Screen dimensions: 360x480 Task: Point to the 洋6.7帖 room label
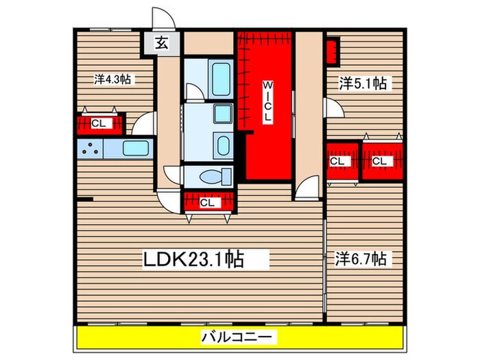pyautogui.click(x=361, y=259)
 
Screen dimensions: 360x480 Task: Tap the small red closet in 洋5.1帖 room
pyautogui.click(x=332, y=49)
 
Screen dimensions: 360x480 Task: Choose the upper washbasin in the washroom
pyautogui.click(x=222, y=115)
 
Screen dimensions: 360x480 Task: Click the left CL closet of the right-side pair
pyautogui.click(x=343, y=162)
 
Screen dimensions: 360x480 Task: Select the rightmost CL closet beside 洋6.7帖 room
pyautogui.click(x=381, y=162)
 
